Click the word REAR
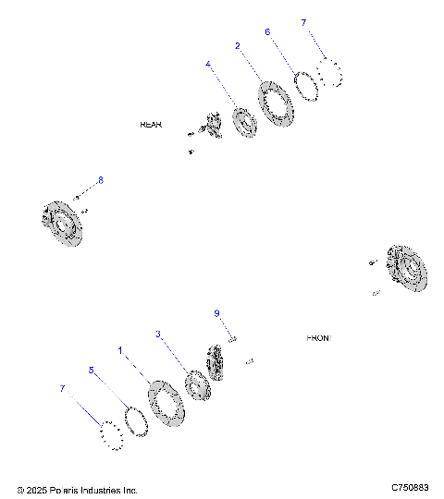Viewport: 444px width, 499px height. pos(151,124)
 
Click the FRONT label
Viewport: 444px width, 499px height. pos(318,338)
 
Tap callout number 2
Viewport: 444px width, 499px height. pos(238,45)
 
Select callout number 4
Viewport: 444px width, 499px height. pos(208,65)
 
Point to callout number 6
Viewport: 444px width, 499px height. pos(267,31)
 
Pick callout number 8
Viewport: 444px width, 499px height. pos(101,179)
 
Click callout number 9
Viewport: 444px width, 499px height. pos(216,313)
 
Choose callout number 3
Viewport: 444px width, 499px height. pos(158,334)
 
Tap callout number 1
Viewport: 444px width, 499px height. pos(119,350)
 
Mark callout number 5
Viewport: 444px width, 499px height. pos(92,369)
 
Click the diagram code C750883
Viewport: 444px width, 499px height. pos(409,487)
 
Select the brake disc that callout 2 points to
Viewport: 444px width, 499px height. pos(275,104)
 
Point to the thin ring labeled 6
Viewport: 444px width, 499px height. pos(306,82)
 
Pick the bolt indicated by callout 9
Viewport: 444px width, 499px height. pos(233,340)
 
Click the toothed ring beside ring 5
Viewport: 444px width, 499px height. pos(112,434)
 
